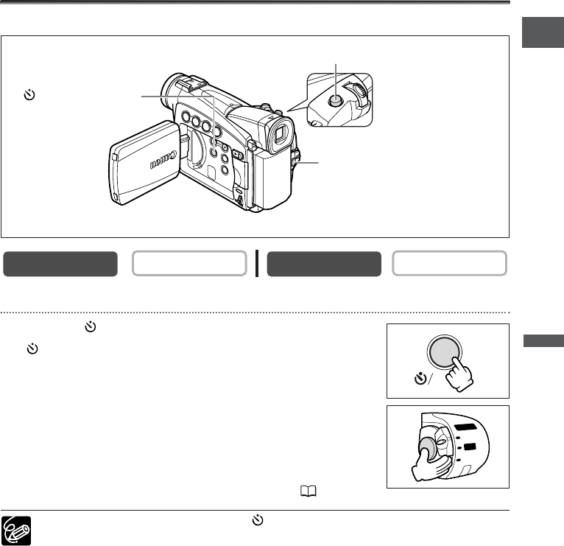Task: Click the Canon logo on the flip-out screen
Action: pos(163,160)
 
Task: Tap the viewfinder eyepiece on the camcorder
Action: pos(280,134)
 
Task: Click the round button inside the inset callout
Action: pos(335,100)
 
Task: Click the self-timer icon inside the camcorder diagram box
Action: pos(29,94)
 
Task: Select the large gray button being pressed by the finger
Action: pos(445,352)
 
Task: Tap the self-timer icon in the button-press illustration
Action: pos(420,379)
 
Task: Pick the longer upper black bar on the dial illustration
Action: pos(466,427)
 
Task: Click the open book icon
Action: pos(309,491)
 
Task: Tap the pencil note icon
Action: pos(16,531)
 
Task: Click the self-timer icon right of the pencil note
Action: pos(258,520)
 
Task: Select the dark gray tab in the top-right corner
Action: pos(543,32)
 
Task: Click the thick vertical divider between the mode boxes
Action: pos(257,264)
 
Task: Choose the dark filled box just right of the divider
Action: pos(324,264)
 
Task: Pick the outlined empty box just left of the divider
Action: pos(189,264)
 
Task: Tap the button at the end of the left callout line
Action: pos(214,152)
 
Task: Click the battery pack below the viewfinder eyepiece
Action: pos(272,179)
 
